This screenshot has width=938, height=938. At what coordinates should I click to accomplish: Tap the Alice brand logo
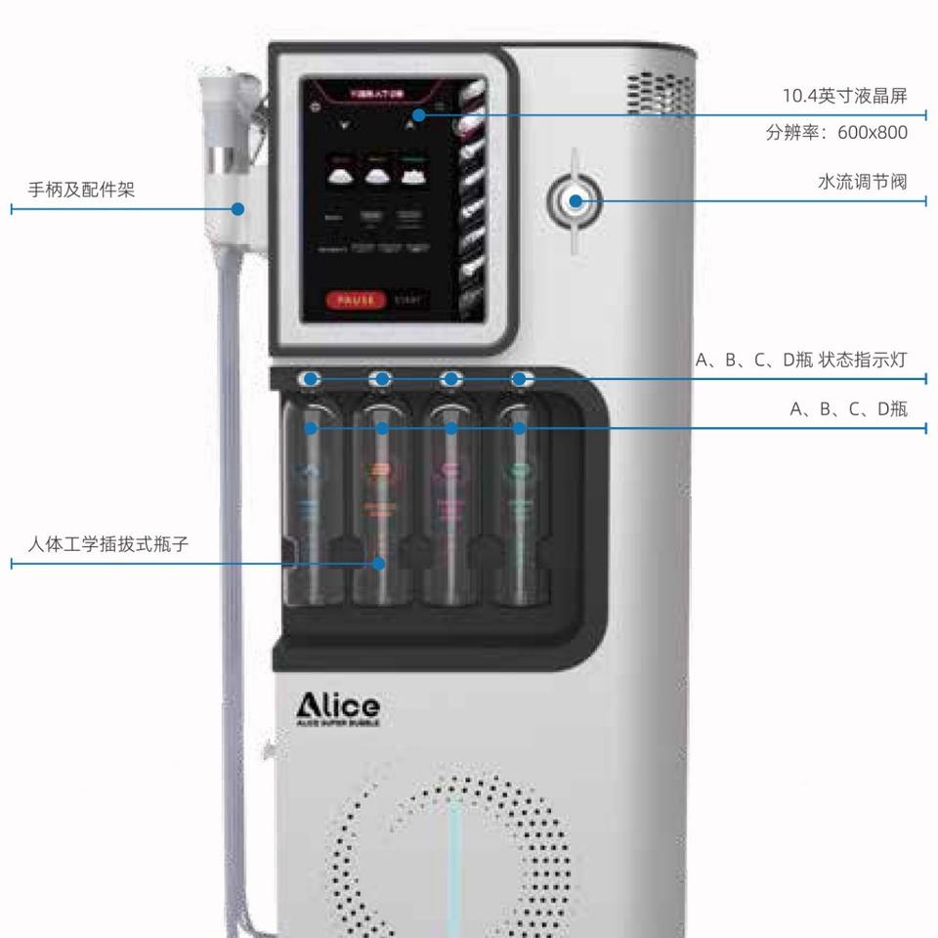pyautogui.click(x=338, y=707)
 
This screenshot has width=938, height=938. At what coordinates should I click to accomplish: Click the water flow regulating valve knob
pyautogui.click(x=576, y=202)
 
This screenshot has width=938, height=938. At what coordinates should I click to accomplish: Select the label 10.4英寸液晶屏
pyautogui.click(x=844, y=96)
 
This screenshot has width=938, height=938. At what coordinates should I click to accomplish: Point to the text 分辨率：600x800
pyautogui.click(x=836, y=132)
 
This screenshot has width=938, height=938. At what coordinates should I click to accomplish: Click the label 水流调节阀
pyautogui.click(x=862, y=182)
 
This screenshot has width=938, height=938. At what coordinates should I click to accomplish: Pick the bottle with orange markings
pyautogui.click(x=382, y=508)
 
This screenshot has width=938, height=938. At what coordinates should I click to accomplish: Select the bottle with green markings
pyautogui.click(x=520, y=508)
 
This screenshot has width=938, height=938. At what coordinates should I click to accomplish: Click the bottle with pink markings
pyautogui.click(x=450, y=508)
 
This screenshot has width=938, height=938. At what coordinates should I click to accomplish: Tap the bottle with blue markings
pyautogui.click(x=311, y=508)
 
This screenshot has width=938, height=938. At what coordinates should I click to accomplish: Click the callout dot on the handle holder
pyautogui.click(x=237, y=208)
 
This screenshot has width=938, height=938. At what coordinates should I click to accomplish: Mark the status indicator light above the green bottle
pyautogui.click(x=520, y=379)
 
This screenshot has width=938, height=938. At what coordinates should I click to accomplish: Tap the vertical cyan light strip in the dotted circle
pyautogui.click(x=455, y=860)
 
